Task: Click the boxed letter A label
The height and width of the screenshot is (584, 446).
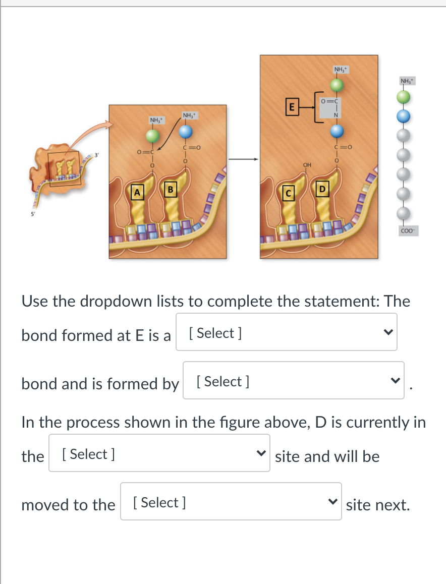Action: pyautogui.click(x=135, y=192)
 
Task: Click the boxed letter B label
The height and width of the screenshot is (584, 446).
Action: pyautogui.click(x=170, y=190)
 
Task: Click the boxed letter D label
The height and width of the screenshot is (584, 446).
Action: pyautogui.click(x=320, y=189)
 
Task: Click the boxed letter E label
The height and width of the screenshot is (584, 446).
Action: pyautogui.click(x=290, y=107)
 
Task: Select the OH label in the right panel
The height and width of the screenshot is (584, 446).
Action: pyautogui.click(x=306, y=164)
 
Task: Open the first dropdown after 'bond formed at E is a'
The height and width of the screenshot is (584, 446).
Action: pyautogui.click(x=286, y=332)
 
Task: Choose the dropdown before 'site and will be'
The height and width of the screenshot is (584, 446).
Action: pyautogui.click(x=159, y=453)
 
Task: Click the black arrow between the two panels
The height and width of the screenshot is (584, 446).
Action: pyautogui.click(x=243, y=159)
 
